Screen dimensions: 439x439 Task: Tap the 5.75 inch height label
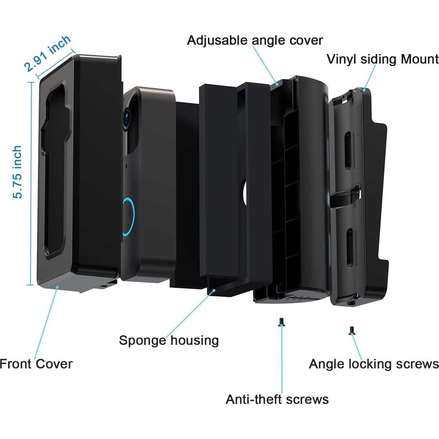click(x=17, y=172)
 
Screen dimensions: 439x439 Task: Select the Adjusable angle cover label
click(x=255, y=40)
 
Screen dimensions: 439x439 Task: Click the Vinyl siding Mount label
click(x=382, y=59)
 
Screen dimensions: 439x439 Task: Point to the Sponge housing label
click(x=169, y=340)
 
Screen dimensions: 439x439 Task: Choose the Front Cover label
click(x=36, y=364)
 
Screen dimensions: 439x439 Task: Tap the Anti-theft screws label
click(x=277, y=399)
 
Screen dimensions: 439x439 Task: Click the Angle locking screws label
click(x=374, y=364)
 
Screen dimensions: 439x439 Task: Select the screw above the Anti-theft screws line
click(x=282, y=322)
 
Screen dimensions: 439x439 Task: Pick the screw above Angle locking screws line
click(x=352, y=330)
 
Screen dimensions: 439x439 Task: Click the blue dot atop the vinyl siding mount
click(x=364, y=89)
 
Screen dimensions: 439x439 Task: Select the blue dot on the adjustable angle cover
click(x=277, y=84)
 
